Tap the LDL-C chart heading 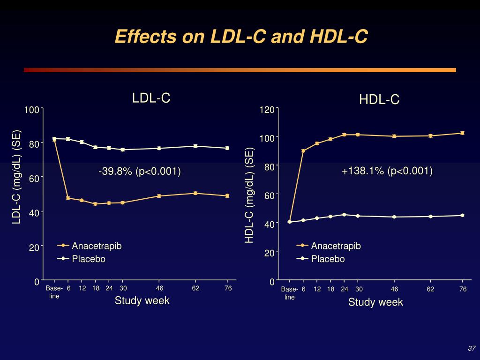151,98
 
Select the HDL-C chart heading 379,99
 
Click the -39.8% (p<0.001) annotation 140,172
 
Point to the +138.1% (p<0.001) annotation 387,171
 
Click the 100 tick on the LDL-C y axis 32,110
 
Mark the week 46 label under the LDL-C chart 159,288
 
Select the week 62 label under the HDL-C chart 430,289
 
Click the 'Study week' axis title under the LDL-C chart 142,301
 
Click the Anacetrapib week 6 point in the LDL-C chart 68,198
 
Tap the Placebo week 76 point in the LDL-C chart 227,148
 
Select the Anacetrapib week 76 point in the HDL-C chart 462,133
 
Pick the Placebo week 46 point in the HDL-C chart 394,217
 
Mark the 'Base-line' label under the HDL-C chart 290,293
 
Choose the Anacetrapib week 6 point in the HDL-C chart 303,151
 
